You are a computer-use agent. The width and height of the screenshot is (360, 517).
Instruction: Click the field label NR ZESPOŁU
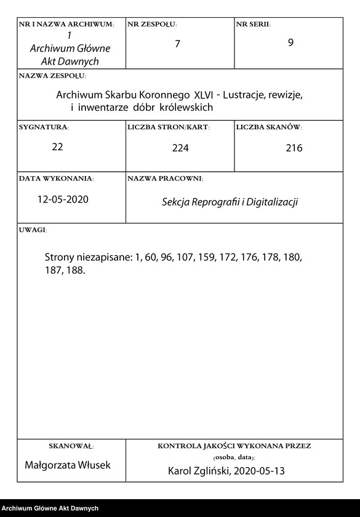152,24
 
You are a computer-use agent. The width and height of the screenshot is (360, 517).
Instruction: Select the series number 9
290,44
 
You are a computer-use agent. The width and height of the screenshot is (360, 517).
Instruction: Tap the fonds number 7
178,45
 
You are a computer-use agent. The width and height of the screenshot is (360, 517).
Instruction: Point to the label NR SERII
253,24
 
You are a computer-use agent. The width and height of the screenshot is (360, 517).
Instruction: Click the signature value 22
58,146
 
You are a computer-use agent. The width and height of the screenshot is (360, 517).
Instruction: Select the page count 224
180,148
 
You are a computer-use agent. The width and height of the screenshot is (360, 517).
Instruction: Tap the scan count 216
294,148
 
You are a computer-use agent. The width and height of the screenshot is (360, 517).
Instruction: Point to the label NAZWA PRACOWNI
165,178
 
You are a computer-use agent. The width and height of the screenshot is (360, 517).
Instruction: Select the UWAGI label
33,230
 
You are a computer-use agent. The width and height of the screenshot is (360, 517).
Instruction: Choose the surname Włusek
94,465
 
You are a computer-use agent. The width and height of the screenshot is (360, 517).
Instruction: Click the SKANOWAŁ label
71,445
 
